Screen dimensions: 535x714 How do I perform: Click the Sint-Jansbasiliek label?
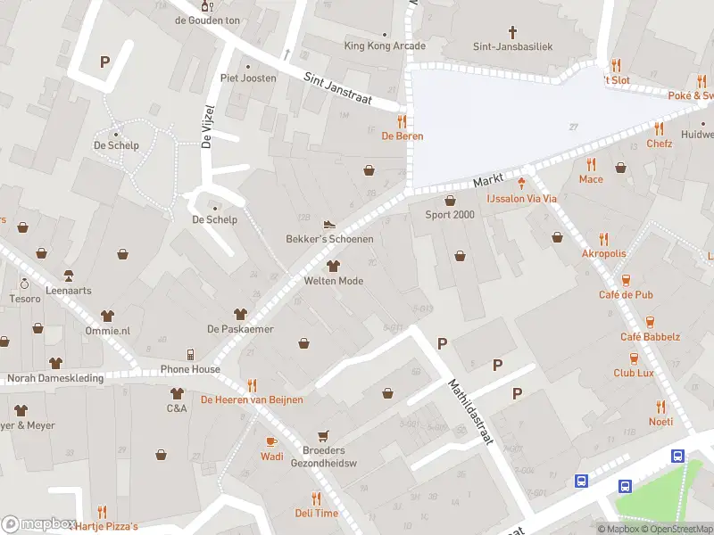click(x=512, y=45)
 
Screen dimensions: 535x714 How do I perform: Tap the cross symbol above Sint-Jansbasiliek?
click(x=512, y=30)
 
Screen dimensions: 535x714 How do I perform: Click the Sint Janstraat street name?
click(x=352, y=90)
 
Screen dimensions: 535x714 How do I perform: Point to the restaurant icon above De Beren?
click(x=403, y=121)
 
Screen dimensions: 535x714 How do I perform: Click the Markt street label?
click(x=489, y=180)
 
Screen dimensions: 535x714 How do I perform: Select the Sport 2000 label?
click(x=450, y=215)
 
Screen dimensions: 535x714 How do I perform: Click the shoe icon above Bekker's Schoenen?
click(x=329, y=225)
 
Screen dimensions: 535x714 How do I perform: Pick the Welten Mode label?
click(x=334, y=281)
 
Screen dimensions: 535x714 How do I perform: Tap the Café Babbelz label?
click(x=650, y=337)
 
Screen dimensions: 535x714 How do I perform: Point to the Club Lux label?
click(x=634, y=373)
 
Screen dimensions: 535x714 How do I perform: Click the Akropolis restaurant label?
click(x=604, y=253)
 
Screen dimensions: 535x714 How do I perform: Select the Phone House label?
click(x=190, y=369)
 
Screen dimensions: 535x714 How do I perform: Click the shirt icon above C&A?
click(x=177, y=393)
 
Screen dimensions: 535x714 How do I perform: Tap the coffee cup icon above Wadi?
click(x=272, y=441)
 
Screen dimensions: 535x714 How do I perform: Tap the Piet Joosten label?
click(x=248, y=78)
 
